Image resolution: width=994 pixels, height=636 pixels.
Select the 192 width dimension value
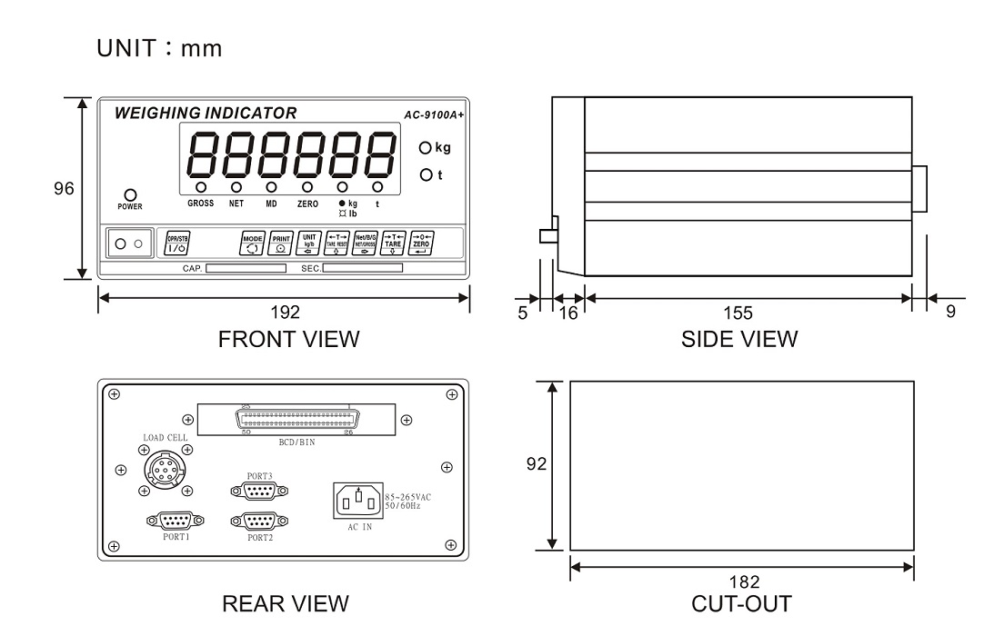coord(285,313)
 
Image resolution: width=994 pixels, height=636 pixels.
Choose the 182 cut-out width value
coord(742,581)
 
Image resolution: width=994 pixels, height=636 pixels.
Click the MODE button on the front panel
coord(252,243)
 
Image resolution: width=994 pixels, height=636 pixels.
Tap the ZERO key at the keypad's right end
coord(420,243)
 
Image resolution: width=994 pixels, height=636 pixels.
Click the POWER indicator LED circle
coord(131,194)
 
